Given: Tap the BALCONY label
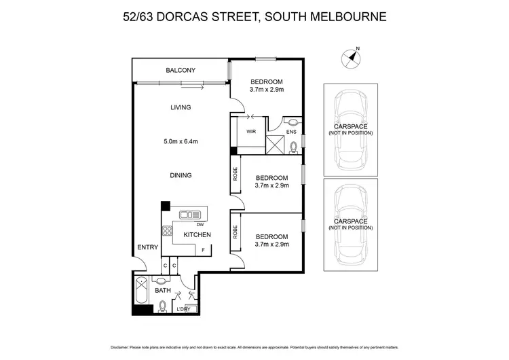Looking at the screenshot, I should pos(181,71).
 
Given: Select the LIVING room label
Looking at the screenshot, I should pos(181,107).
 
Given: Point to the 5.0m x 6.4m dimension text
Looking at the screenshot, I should pos(181,141).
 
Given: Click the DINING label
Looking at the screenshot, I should pos(181,175).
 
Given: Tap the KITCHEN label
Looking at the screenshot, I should pos(197,235).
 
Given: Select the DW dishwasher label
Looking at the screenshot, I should pos(200,225).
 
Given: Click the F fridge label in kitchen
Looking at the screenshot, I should pos(202,251).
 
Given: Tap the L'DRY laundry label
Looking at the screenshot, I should pos(183,310).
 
